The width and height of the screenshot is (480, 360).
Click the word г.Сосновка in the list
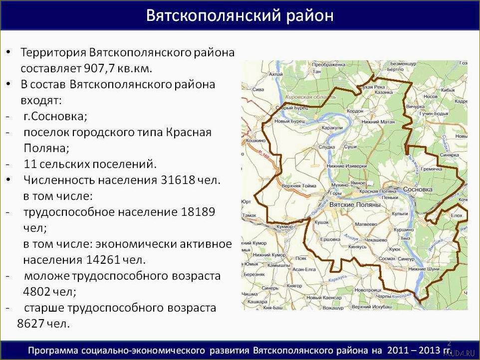tap(55, 116)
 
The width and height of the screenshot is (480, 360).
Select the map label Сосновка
tap(417, 190)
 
